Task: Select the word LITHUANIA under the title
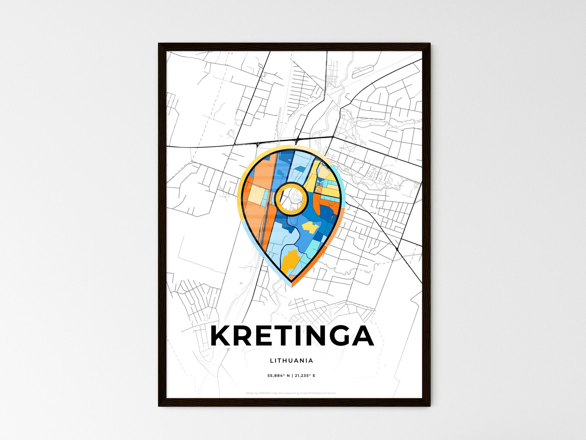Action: click(291, 360)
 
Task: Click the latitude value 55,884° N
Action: click(279, 376)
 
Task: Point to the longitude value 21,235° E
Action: click(305, 376)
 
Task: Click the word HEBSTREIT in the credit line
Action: click(265, 393)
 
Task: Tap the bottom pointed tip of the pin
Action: click(291, 286)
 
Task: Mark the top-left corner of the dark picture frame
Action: click(159, 44)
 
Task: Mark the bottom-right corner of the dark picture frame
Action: click(430, 406)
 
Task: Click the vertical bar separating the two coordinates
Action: click(292, 376)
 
